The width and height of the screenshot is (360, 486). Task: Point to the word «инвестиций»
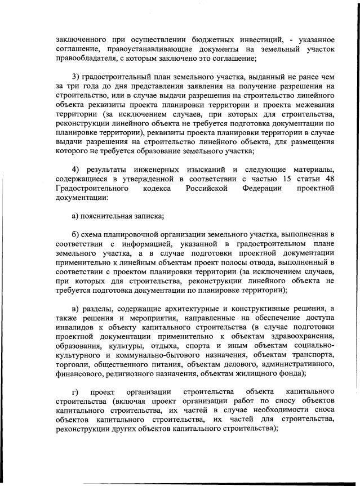pos(255,39)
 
